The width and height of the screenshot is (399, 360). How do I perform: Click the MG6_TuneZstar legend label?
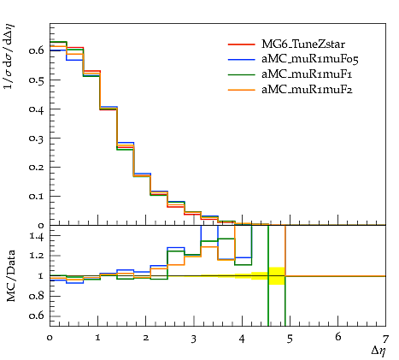tap(303, 44)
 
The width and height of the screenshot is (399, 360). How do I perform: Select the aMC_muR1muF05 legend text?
tap(310, 59)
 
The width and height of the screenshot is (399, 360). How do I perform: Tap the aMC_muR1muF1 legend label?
tap(307, 74)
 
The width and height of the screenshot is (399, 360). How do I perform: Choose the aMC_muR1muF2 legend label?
tap(307, 90)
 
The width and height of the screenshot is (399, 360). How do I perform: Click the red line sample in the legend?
tap(242, 44)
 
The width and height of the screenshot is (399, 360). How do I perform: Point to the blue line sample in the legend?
tap(242, 59)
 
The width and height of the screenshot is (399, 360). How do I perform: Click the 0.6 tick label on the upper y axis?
tap(36, 50)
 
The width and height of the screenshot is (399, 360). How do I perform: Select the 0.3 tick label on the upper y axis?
tap(36, 139)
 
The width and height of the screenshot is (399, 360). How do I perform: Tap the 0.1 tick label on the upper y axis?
tap(36, 197)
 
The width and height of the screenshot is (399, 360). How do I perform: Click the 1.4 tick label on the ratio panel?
tap(37, 236)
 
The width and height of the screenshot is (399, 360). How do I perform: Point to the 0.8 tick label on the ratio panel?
tap(36, 296)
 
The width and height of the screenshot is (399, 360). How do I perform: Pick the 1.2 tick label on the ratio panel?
tap(37, 256)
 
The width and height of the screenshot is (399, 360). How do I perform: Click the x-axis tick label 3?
tap(194, 339)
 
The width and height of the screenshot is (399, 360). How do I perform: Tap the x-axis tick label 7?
tap(385, 339)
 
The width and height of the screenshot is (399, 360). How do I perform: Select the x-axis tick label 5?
tap(290, 339)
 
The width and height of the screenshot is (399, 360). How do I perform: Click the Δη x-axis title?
tap(378, 351)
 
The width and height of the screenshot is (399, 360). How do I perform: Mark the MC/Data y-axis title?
tap(10, 275)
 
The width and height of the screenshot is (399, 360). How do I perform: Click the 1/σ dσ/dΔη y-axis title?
tap(9, 56)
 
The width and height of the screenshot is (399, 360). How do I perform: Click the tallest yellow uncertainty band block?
tap(277, 276)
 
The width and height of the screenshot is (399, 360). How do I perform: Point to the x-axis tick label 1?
tap(97, 338)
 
